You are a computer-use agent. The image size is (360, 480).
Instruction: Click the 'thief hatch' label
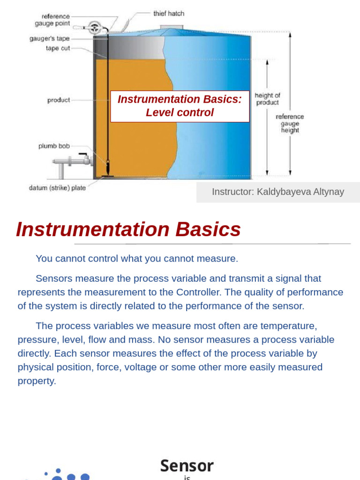(x=169, y=14)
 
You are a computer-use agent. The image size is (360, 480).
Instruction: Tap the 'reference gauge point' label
(x=52, y=20)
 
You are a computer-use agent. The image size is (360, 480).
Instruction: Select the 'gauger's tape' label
(x=50, y=38)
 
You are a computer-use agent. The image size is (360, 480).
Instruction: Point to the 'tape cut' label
(x=58, y=48)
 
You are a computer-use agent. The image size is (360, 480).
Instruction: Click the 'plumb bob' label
(x=54, y=146)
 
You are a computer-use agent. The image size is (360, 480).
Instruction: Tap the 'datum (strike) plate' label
(x=57, y=187)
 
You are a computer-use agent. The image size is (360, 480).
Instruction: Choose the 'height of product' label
(x=267, y=99)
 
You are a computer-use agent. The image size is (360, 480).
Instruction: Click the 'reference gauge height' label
(x=290, y=123)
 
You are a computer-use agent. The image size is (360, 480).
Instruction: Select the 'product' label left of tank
(x=59, y=100)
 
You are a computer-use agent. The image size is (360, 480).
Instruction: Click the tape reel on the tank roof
(x=95, y=28)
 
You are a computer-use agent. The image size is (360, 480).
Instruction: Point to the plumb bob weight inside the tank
(x=108, y=166)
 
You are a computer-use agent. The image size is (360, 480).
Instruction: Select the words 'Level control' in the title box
(x=180, y=112)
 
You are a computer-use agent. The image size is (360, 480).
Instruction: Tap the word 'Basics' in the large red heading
(x=208, y=229)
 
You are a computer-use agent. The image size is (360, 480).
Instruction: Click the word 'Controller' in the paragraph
(x=198, y=292)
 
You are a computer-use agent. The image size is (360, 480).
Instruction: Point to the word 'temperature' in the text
(x=288, y=326)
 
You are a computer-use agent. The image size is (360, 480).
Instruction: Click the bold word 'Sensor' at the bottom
(x=187, y=465)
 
